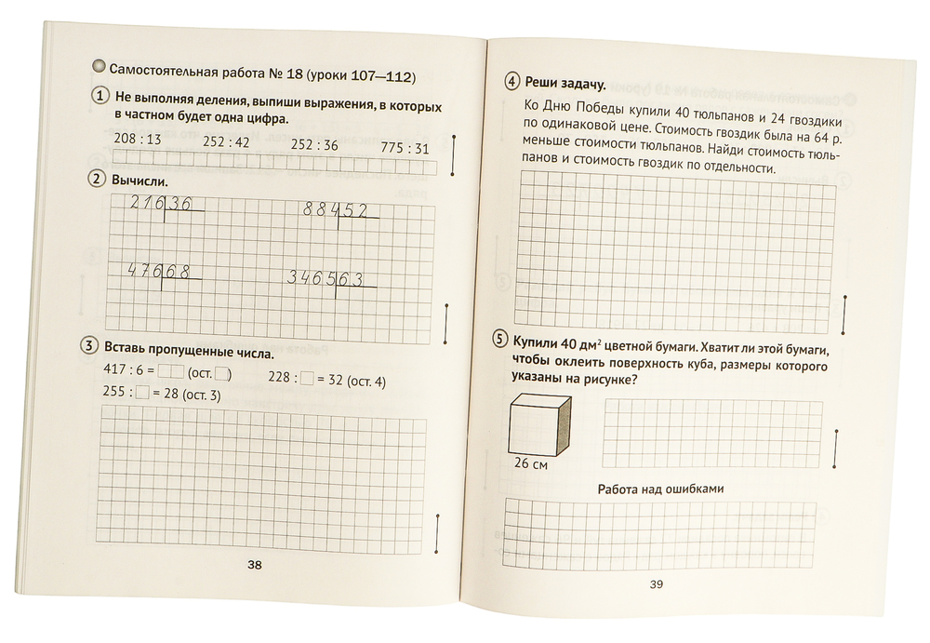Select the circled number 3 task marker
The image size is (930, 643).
[x=87, y=346]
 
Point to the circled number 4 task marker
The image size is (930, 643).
[x=511, y=82]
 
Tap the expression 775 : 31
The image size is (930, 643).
[x=406, y=149]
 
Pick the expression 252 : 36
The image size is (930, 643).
[x=313, y=145]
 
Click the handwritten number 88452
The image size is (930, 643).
[x=336, y=210]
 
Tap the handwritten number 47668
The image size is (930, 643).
[x=159, y=271]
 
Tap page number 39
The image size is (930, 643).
[x=655, y=583]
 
